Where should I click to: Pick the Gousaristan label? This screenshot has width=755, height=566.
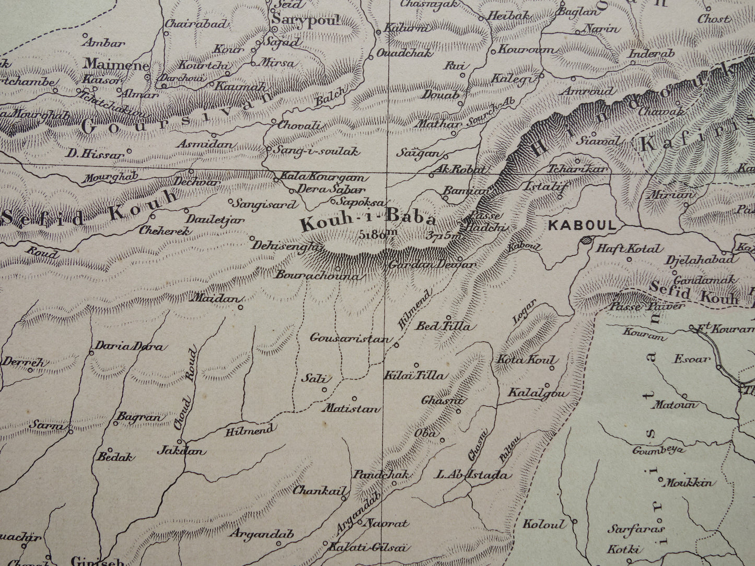coord(350,338)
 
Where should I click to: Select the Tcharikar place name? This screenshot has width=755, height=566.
coord(577,169)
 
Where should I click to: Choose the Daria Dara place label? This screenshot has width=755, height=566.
coord(128,346)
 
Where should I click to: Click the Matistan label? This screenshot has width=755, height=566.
coord(351,409)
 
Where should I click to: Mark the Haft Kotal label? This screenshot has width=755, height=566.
coord(629,249)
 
